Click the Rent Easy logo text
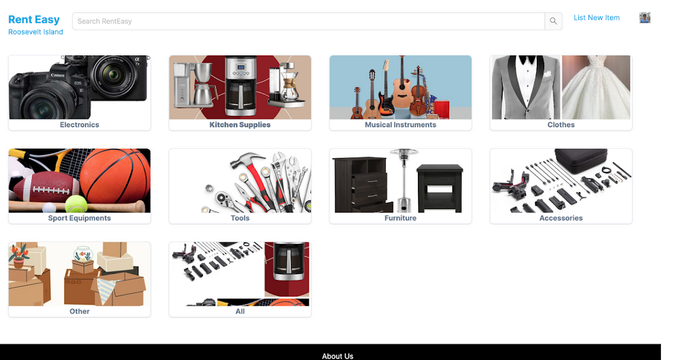(34, 19)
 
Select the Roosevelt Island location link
(35, 32)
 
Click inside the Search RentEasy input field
(308, 21)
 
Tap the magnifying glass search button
(553, 21)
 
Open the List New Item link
(597, 18)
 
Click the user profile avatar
(645, 18)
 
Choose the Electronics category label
(79, 125)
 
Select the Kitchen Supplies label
(240, 125)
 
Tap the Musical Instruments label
(400, 125)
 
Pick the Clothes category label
(561, 125)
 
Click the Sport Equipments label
(79, 218)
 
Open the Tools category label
(240, 218)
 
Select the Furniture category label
(400, 218)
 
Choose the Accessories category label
(561, 218)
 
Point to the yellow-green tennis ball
(76, 204)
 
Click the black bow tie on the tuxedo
(527, 59)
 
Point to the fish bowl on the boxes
(83, 254)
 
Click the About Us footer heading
(337, 356)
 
